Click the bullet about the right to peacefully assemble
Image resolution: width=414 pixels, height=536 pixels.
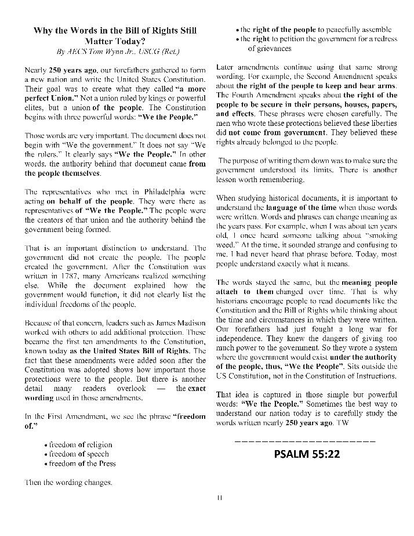click(x=316, y=28)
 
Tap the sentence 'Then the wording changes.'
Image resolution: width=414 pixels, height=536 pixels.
click(x=68, y=482)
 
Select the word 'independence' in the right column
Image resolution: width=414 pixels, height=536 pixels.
click(x=238, y=338)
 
